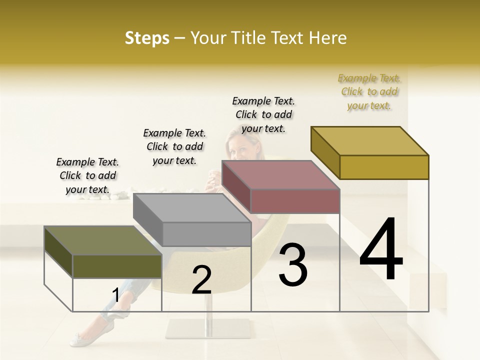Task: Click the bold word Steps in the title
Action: pyautogui.click(x=147, y=38)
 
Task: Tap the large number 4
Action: pyautogui.click(x=381, y=250)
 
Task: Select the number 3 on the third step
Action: pyautogui.click(x=293, y=264)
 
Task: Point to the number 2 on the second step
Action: pyautogui.click(x=201, y=280)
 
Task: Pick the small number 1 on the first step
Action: pyautogui.click(x=115, y=295)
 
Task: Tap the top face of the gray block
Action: pyautogui.click(x=192, y=207)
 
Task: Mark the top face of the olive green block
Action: pyautogui.click(x=103, y=240)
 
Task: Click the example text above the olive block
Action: pyautogui.click(x=87, y=175)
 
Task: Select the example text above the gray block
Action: pyautogui.click(x=174, y=146)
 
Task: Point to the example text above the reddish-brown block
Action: pyautogui.click(x=263, y=114)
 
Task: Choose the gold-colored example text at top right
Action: pyautogui.click(x=369, y=91)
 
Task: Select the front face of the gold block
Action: pyautogui.click(x=384, y=167)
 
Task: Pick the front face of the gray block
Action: pyautogui.click(x=206, y=234)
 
